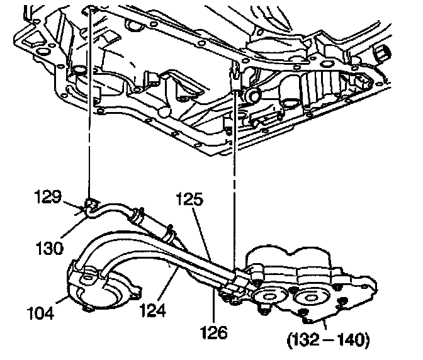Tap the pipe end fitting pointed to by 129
click(91, 204)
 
